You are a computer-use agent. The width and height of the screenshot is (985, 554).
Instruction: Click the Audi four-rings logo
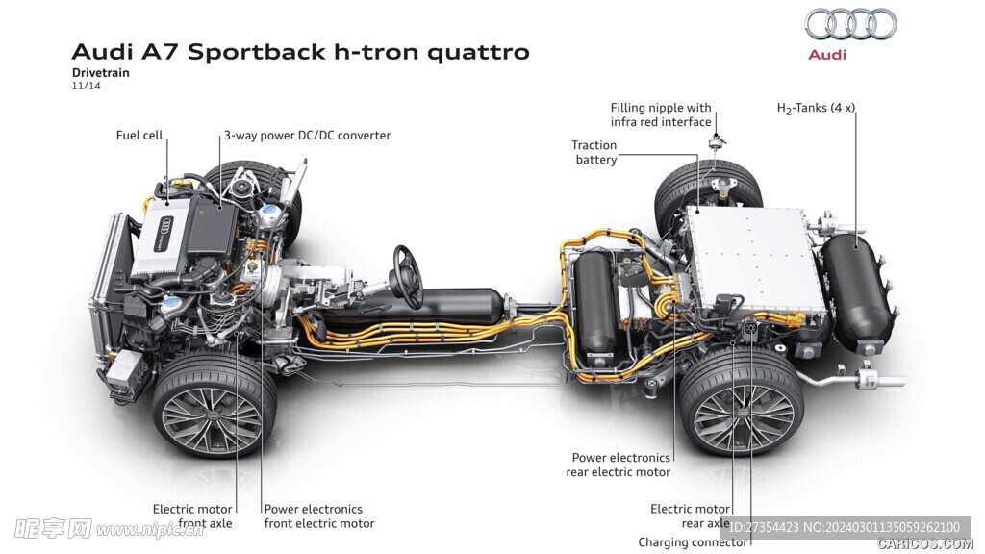(850, 24)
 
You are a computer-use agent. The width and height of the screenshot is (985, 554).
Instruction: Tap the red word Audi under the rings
(827, 55)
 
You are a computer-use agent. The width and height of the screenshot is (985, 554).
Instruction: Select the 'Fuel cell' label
(139, 136)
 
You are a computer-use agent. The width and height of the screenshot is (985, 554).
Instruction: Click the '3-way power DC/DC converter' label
(307, 136)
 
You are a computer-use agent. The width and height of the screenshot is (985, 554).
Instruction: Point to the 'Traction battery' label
(594, 152)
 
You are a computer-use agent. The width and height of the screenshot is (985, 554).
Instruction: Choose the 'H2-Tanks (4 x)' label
(816, 109)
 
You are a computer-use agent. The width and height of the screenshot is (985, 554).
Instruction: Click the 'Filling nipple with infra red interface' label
(661, 114)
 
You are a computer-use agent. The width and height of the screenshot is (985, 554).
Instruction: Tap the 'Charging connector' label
(693, 542)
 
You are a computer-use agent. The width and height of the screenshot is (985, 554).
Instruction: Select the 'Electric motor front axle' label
(192, 516)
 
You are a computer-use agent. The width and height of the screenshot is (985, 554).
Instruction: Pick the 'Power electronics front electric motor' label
(319, 516)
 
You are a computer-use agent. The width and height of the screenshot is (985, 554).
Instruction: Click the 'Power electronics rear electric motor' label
(619, 465)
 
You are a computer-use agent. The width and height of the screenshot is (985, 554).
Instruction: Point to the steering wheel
(407, 276)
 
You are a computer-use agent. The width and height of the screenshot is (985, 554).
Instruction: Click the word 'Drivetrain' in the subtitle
(100, 72)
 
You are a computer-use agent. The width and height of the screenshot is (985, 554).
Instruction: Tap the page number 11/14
(86, 86)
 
